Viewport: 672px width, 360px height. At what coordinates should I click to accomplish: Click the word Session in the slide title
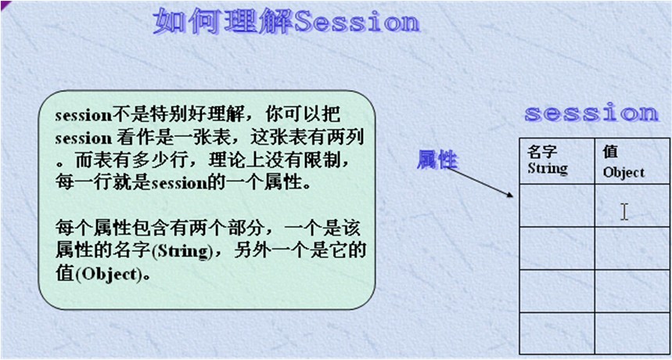(357, 21)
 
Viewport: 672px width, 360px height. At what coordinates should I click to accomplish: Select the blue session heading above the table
(591, 113)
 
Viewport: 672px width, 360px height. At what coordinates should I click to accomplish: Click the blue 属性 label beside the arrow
(437, 160)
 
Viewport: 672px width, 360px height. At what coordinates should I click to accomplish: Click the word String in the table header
(548, 167)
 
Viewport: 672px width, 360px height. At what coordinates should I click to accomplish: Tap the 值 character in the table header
(610, 153)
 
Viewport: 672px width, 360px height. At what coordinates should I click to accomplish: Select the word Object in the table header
(623, 171)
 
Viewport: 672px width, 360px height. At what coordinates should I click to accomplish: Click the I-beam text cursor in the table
(623, 211)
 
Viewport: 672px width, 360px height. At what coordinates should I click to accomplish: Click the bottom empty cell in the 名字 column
(557, 333)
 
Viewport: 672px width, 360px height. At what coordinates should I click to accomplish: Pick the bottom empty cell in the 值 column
(631, 333)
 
